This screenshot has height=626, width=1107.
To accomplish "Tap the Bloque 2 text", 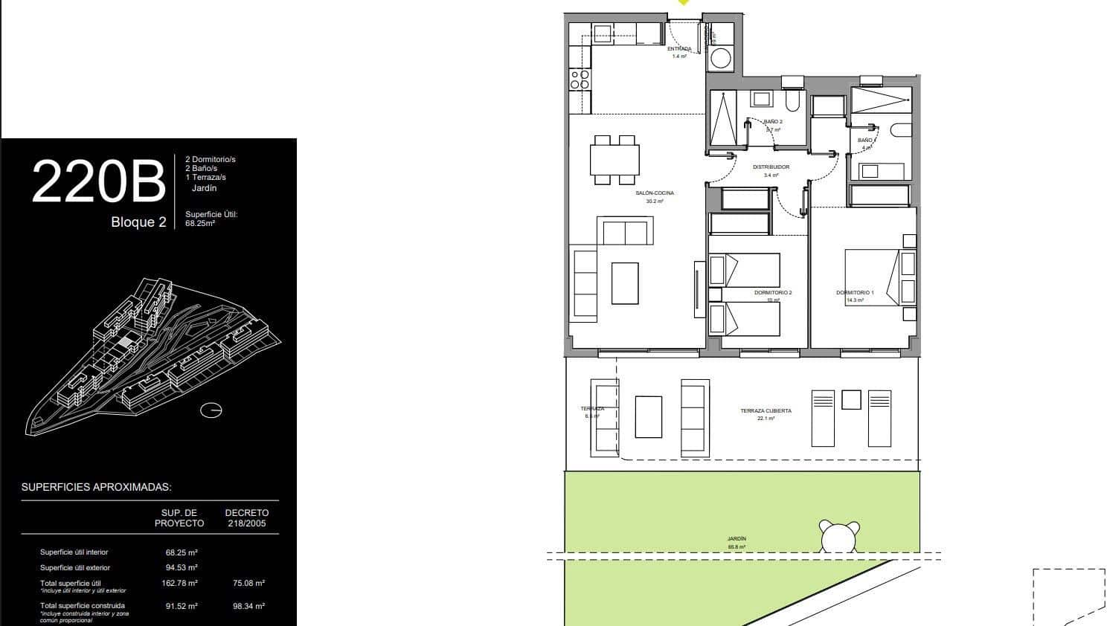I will tap(138, 222).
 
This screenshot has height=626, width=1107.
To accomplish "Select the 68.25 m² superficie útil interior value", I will tap(181, 552).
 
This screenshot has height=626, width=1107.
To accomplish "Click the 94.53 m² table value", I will tap(181, 568).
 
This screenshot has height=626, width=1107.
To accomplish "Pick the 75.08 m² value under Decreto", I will tap(248, 584).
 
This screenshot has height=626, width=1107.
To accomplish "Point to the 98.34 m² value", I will tap(248, 606).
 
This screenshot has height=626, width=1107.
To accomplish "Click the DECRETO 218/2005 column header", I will tap(246, 518).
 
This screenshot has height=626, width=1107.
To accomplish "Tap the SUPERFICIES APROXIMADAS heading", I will tap(97, 488).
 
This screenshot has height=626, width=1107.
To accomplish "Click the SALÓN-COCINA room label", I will tap(654, 193).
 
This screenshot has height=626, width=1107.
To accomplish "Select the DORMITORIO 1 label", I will tap(855, 293).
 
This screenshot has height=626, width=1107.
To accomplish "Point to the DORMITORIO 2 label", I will tap(773, 293).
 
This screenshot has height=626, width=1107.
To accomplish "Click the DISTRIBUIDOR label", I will tap(771, 167).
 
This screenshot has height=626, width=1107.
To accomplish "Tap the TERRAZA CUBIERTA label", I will tap(766, 411).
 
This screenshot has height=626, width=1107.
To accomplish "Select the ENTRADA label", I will tap(679, 49).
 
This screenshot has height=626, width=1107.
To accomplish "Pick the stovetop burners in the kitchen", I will tap(580, 80).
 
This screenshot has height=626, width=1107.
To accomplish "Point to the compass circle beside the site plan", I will tap(212, 410).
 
